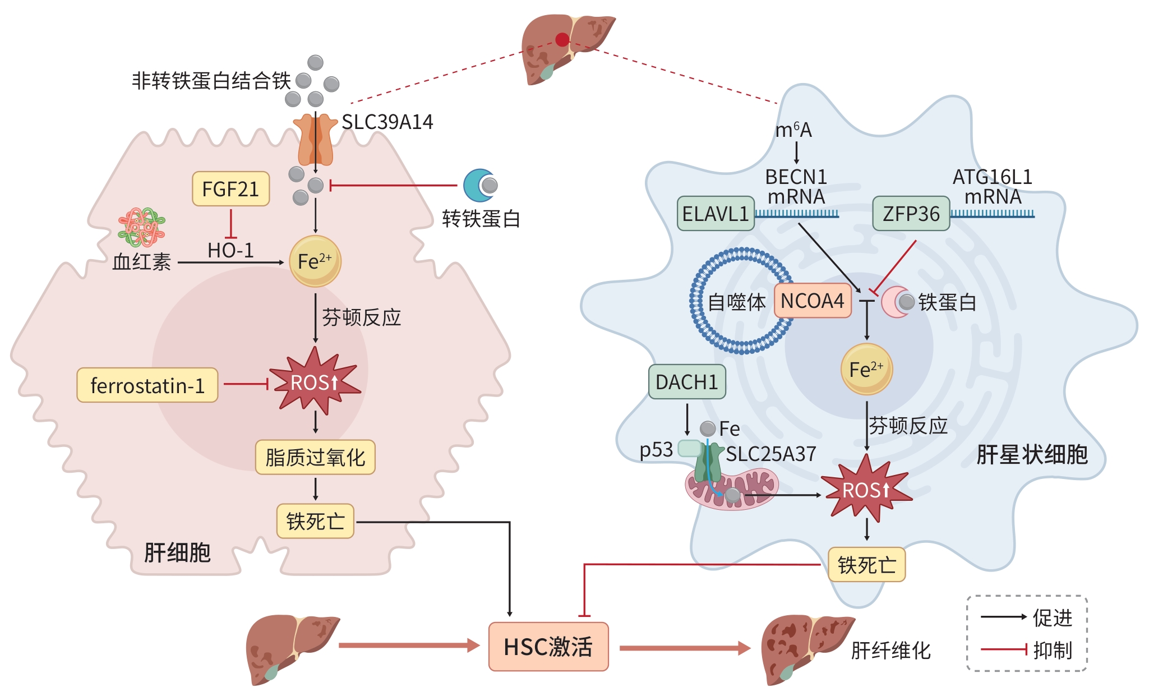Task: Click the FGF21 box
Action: click(x=230, y=189)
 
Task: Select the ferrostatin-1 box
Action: click(x=147, y=385)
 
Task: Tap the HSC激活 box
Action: click(x=548, y=647)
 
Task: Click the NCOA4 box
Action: click(x=813, y=301)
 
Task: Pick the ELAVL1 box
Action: click(x=716, y=214)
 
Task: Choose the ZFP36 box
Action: click(x=911, y=214)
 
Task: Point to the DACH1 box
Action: click(x=687, y=382)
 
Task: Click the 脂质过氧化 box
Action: click(x=315, y=457)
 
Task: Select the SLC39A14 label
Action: click(x=387, y=122)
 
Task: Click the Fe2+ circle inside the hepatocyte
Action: click(x=315, y=261)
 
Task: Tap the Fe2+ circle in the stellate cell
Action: click(x=866, y=369)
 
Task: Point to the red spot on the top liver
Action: click(x=562, y=39)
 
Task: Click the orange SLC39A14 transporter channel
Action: click(x=315, y=140)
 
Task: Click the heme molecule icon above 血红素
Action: click(x=141, y=227)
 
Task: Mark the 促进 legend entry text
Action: click(x=1053, y=617)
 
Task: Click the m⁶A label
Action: click(x=793, y=130)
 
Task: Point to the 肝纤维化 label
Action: click(x=891, y=651)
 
